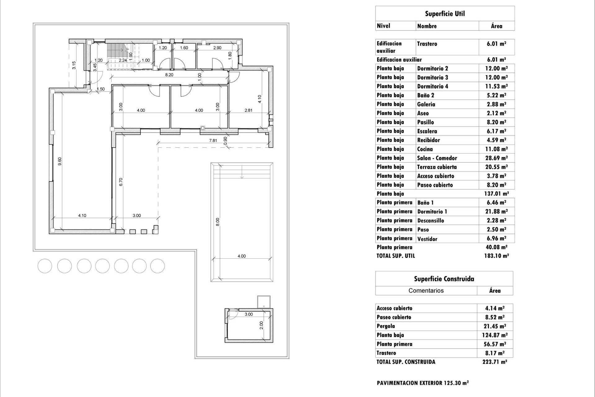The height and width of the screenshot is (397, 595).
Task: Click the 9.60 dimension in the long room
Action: (60, 161)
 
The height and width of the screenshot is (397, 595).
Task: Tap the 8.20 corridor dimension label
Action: (169, 75)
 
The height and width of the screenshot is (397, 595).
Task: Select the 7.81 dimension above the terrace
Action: (213, 141)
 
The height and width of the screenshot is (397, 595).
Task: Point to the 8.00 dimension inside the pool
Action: (218, 222)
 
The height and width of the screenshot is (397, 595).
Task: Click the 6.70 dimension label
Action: (121, 182)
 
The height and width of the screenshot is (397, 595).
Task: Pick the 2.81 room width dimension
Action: (248, 110)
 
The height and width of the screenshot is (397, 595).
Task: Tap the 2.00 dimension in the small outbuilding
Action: (261, 325)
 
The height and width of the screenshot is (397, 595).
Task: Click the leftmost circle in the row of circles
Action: (45, 266)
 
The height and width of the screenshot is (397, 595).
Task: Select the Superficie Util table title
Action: (445, 14)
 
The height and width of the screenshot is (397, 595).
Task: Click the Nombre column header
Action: (427, 26)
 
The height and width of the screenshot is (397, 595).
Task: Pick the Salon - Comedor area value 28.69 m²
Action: (496, 158)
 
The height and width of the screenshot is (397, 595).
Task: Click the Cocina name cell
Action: (425, 149)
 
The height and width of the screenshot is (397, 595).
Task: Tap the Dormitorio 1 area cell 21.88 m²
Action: (496, 212)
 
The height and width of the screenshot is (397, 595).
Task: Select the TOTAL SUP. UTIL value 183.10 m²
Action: (496, 256)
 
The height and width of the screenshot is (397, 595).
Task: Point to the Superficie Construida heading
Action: (444, 279)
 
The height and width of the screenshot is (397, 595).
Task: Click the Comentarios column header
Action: (426, 291)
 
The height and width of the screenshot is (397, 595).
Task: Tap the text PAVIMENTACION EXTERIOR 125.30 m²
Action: (422, 383)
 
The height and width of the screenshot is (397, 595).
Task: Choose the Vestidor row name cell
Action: (427, 239)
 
